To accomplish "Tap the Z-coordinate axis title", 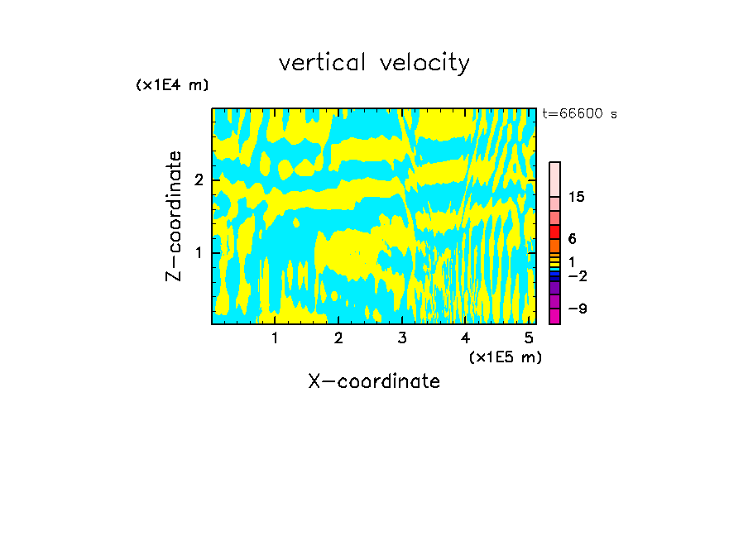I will (x=174, y=217).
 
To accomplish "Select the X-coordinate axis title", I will (x=374, y=381).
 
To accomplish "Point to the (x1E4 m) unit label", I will (x=172, y=84).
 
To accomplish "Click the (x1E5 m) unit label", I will (x=505, y=357).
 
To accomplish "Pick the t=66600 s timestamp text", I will (x=580, y=114).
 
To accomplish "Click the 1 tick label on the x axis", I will (x=275, y=338).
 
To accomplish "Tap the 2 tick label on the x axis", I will (x=338, y=338).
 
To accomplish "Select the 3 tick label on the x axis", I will (x=402, y=338).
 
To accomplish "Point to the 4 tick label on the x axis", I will (x=466, y=338).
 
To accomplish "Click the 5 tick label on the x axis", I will (x=529, y=338).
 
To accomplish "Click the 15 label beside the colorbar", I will (x=577, y=197).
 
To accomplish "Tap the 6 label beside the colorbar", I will (x=572, y=238).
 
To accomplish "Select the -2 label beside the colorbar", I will (x=577, y=275).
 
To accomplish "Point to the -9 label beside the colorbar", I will (x=577, y=309).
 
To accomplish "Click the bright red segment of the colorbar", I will (x=554, y=231).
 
